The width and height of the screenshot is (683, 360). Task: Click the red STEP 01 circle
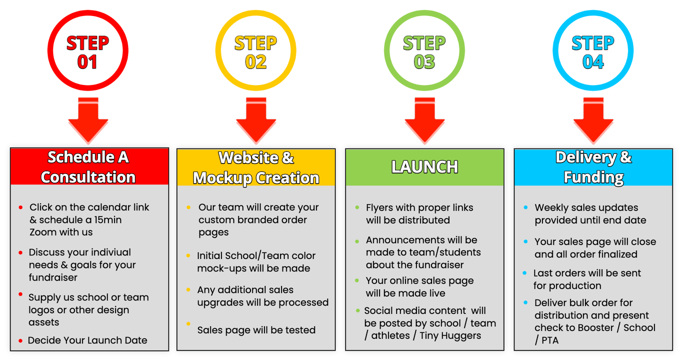click(x=87, y=51)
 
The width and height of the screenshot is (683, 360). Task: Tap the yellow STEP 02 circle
click(x=255, y=51)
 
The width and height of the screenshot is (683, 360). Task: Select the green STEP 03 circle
click(x=424, y=51)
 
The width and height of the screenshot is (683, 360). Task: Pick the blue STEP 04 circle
click(x=593, y=51)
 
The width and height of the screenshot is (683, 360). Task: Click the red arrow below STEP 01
click(x=88, y=120)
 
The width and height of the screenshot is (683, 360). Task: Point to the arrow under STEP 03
click(x=424, y=120)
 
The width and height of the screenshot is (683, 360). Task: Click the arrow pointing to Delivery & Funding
click(x=593, y=120)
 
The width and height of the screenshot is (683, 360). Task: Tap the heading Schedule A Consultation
click(x=88, y=167)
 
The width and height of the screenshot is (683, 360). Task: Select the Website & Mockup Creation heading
click(x=256, y=167)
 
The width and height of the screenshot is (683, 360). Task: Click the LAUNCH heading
click(x=424, y=167)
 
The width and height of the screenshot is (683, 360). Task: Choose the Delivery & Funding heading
click(x=593, y=167)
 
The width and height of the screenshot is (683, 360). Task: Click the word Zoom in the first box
click(x=40, y=232)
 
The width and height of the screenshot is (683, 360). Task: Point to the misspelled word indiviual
click(x=107, y=252)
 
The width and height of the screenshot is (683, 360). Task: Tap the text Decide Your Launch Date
click(x=87, y=340)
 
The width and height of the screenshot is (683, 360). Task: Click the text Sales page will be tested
click(x=256, y=330)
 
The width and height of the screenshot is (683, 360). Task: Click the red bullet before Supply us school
click(x=20, y=294)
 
